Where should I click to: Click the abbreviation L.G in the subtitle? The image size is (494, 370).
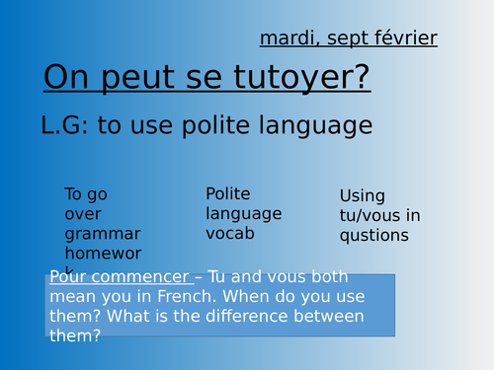tap(64, 125)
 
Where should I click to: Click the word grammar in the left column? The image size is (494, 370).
tap(103, 233)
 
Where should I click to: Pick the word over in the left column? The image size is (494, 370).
tap(83, 213)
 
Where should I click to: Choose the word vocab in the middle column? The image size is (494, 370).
tap(230, 233)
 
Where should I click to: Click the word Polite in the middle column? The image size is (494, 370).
tap(228, 194)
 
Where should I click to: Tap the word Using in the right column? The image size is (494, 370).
tap(363, 196)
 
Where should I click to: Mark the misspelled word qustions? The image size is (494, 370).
tap(374, 236)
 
